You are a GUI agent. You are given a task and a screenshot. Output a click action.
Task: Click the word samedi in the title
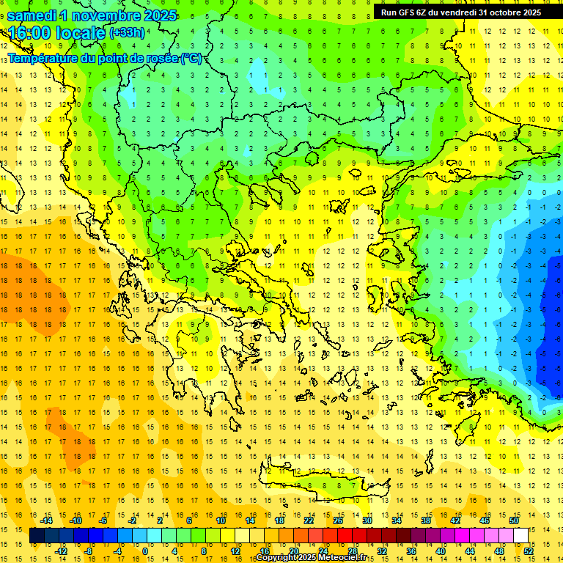(32, 15)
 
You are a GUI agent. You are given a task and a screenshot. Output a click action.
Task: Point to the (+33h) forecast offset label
(127, 33)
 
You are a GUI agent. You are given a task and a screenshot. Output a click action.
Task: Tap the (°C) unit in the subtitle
(191, 58)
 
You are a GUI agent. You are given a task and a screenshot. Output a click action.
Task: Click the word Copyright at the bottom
(276, 558)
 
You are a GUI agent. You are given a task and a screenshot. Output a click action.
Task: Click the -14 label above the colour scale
(47, 521)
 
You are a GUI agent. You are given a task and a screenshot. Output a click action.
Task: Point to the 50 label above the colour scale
(513, 521)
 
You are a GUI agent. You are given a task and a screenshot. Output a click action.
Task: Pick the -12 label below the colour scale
(62, 551)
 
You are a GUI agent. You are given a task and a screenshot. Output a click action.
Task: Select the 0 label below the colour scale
(144, 551)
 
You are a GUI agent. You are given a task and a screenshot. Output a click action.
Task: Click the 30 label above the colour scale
(367, 521)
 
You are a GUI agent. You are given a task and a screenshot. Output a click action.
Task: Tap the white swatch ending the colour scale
(520, 536)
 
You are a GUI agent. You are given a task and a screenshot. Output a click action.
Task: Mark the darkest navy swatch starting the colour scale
(37, 536)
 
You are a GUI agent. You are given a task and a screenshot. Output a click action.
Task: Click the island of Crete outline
(323, 484)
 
